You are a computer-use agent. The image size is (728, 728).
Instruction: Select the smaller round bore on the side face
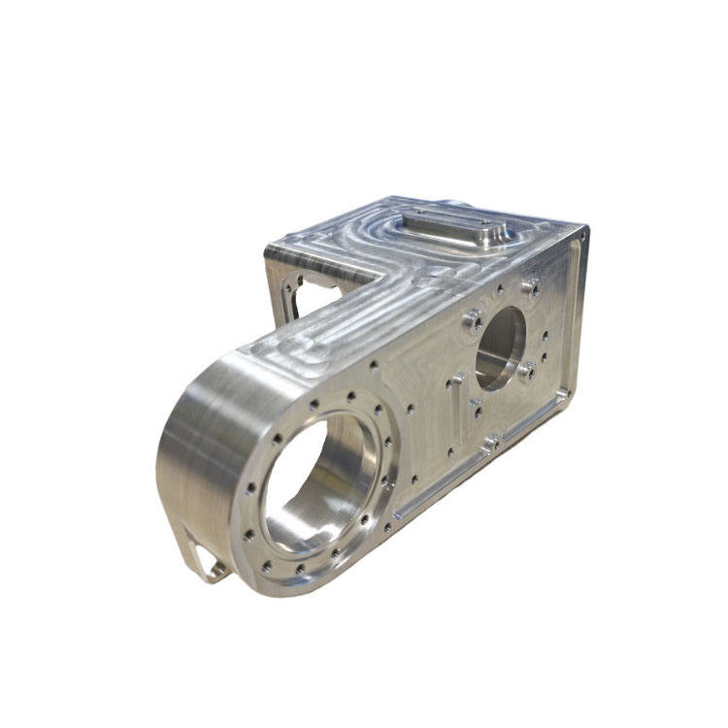pos(501,347)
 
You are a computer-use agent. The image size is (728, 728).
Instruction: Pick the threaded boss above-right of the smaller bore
pos(531,286)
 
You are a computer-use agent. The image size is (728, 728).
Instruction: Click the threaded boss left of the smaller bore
pos(473,321)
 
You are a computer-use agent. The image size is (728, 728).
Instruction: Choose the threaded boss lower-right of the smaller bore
pos(527,371)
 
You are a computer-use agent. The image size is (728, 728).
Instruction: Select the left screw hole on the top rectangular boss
pos(416,212)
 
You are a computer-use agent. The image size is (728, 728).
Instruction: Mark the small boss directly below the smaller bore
pos(476,405)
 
